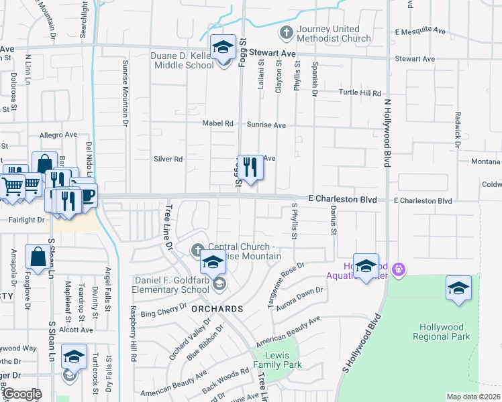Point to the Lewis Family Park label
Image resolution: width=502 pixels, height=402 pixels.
(x=277, y=360)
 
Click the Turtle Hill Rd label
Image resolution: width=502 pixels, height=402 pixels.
(x=360, y=93)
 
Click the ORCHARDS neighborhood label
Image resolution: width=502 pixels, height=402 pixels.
(x=215, y=309)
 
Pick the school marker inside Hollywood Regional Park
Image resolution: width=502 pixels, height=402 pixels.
(x=458, y=289)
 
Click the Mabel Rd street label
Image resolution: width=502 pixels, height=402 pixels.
(x=219, y=124)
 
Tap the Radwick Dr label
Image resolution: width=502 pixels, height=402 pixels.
(x=456, y=131)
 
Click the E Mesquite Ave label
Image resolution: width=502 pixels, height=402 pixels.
(x=420, y=31)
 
